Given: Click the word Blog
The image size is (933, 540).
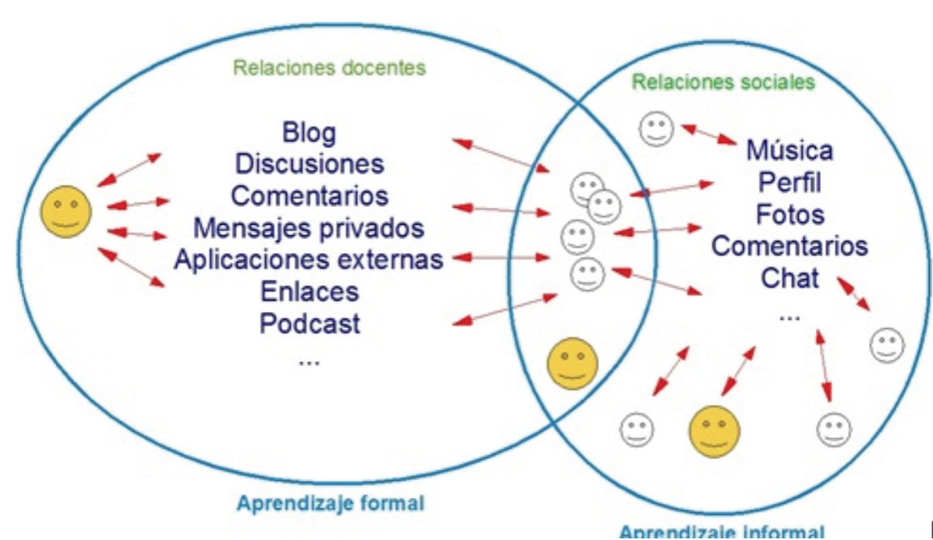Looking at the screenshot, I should pos(309,132).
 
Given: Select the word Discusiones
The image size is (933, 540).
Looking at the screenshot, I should pos(309,163).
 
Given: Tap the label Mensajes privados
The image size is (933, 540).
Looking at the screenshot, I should pos(309,227).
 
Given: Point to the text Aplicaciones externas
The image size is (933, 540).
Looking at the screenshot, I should pos(309,259).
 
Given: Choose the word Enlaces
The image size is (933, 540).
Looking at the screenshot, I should pos(309,291).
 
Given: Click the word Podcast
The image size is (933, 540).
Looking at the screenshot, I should pos(309,323).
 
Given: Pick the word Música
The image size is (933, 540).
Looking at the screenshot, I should pos(789,150).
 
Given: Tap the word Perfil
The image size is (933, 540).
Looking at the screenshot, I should pos(789,183).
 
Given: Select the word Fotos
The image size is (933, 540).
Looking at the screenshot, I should pos(790,215).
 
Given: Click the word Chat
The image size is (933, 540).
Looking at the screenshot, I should pos(789,278).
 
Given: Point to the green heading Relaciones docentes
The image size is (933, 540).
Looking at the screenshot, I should pos(329,68).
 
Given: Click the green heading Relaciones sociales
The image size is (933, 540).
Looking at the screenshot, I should pos(723,82).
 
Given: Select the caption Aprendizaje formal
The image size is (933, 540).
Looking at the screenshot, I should pos(330,503).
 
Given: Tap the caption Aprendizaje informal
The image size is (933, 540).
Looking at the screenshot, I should pos(722,532).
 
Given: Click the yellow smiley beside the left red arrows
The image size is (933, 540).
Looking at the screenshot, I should pos(66,211).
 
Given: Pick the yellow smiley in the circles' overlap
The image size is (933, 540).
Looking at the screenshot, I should pos(572,364).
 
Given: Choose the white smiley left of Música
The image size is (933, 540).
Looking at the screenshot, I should pos(656,129).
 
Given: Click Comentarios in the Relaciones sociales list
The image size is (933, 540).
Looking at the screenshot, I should pos(789,246).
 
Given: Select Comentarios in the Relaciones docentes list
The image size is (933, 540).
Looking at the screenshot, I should pos(309,196).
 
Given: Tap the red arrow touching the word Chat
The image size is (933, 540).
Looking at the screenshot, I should pos(854,294).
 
